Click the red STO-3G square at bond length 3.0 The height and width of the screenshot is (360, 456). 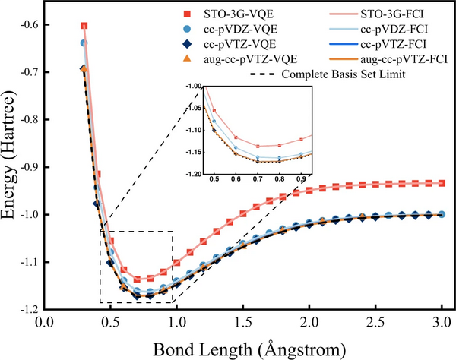pos(442,183)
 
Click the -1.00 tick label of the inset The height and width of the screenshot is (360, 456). pos(195,87)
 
